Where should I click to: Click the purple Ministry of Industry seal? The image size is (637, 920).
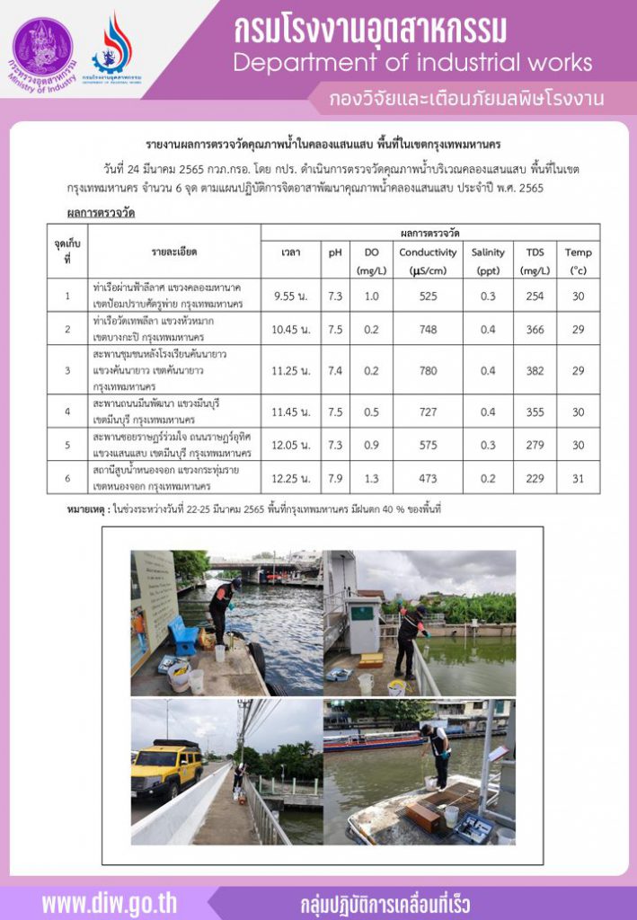pyautogui.click(x=42, y=47)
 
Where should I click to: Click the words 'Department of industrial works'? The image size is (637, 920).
pyautogui.click(x=412, y=62)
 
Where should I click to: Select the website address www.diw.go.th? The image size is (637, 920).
pyautogui.click(x=110, y=902)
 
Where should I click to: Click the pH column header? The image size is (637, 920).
pyautogui.click(x=335, y=252)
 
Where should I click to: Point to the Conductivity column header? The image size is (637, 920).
pyautogui.click(x=428, y=252)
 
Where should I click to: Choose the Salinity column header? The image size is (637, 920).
pyautogui.click(x=488, y=252)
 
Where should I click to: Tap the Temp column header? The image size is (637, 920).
pyautogui.click(x=579, y=252)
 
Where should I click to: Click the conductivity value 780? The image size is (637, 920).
pyautogui.click(x=428, y=370)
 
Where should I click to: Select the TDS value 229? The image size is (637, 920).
pyautogui.click(x=535, y=478)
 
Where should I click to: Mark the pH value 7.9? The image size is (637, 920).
pyautogui.click(x=335, y=478)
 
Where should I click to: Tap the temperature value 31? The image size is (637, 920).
pyautogui.click(x=579, y=478)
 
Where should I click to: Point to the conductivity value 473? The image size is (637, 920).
pyautogui.click(x=428, y=478)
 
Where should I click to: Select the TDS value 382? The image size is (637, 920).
pyautogui.click(x=535, y=370)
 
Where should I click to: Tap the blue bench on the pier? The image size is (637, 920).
pyautogui.click(x=184, y=636)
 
